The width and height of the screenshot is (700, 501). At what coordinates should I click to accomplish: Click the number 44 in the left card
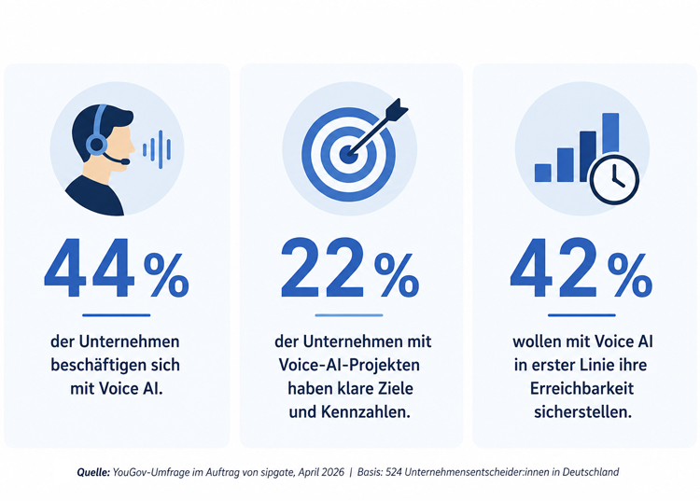90,268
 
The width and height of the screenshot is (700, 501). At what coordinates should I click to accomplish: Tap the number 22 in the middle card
322,268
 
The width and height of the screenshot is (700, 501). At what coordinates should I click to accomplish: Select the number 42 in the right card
554,268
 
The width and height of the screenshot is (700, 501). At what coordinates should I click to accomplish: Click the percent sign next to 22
397,275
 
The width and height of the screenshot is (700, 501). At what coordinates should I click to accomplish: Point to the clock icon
614,179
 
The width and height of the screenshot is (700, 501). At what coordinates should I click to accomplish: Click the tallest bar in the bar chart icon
610,133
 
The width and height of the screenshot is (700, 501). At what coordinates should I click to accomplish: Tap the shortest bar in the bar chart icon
543,173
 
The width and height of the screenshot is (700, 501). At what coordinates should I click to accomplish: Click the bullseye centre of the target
348,154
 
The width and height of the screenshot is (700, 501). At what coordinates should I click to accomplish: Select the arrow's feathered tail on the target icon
398,110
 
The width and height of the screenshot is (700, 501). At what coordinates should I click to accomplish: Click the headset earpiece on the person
96,145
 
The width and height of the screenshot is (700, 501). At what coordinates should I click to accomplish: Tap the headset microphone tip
125,161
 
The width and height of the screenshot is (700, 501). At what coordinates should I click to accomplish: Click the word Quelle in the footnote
93,472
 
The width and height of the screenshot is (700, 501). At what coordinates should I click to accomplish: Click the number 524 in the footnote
393,472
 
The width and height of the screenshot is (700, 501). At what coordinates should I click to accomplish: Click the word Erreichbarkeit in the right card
581,388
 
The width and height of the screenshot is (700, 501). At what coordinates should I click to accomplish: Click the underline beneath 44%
116,315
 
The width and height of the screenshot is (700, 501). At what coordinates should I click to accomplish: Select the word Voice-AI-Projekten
349,365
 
